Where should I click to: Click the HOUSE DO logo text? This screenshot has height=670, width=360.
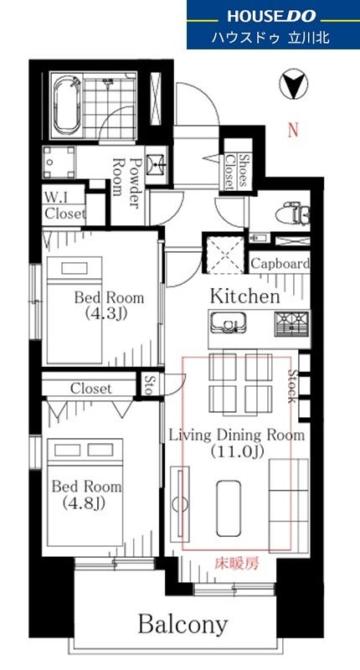pos(271,16)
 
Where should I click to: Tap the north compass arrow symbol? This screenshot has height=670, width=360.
pos(294,86)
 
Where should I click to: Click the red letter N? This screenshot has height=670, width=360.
pos(293,130)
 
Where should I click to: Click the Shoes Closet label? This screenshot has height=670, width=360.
pos(236,172)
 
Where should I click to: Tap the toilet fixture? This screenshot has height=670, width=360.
pos(293,214)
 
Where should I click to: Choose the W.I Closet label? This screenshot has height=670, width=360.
pos(65,205)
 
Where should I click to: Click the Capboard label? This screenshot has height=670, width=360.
pos(280,264)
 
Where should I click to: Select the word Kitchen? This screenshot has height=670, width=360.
pos(244,296)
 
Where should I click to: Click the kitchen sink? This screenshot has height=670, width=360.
pos(226,322)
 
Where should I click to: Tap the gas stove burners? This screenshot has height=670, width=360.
pos(292,323)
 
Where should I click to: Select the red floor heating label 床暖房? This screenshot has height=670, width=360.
pos(236,564)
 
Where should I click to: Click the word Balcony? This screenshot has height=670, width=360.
pos(183,625)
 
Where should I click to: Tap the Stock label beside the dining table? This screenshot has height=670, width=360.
pos(292,386)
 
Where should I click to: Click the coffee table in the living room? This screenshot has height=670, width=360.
pos(229,508)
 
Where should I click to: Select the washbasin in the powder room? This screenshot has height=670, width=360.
pos(157,162)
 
